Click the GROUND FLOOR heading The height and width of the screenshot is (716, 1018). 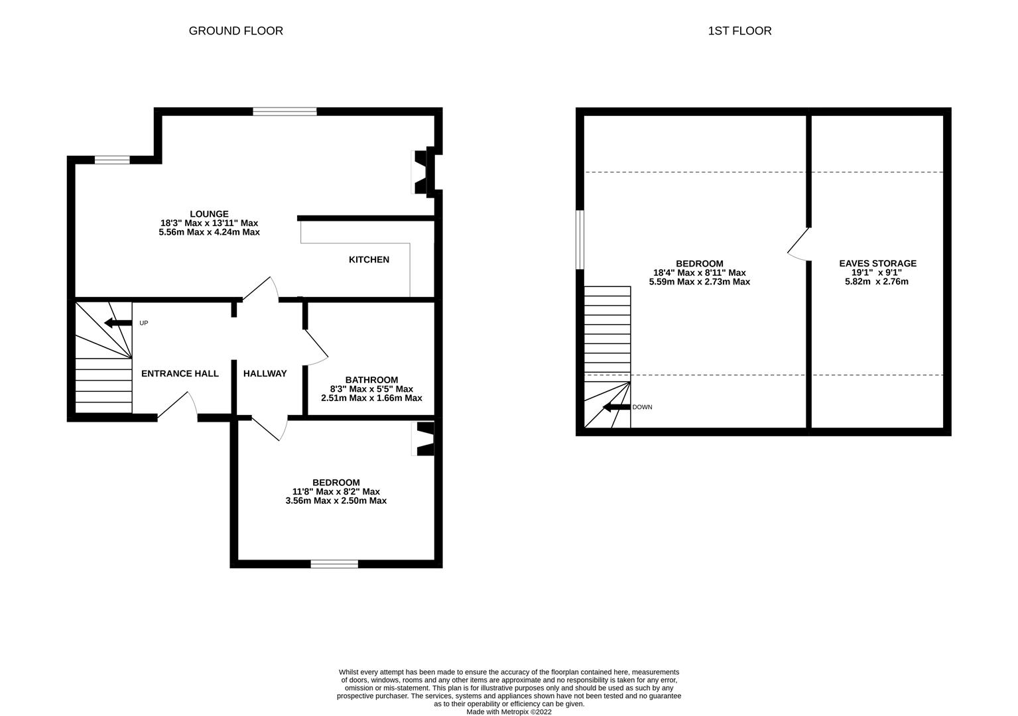click(x=235, y=30)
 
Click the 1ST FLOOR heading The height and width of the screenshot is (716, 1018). click(x=739, y=30)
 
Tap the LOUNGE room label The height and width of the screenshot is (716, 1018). click(x=209, y=214)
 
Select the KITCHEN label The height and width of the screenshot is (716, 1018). click(x=369, y=259)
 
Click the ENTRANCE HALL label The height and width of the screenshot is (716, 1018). click(x=180, y=373)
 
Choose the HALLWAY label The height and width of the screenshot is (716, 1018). click(x=265, y=373)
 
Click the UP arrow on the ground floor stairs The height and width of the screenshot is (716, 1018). click(x=118, y=323)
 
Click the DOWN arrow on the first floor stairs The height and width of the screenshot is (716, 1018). click(x=615, y=407)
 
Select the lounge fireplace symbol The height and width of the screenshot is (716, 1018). click(x=421, y=173)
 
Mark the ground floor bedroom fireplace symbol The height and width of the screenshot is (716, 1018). click(x=424, y=439)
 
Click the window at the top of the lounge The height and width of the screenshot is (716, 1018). click(x=285, y=111)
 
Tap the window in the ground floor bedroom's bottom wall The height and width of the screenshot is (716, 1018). click(x=334, y=564)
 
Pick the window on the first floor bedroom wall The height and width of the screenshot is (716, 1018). click(x=580, y=239)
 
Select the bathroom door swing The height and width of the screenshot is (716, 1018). click(x=316, y=347)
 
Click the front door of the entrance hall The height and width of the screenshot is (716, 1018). click(x=177, y=406)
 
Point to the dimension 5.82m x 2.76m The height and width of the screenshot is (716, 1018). click(x=876, y=282)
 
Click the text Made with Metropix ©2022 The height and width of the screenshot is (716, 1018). click(x=509, y=712)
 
